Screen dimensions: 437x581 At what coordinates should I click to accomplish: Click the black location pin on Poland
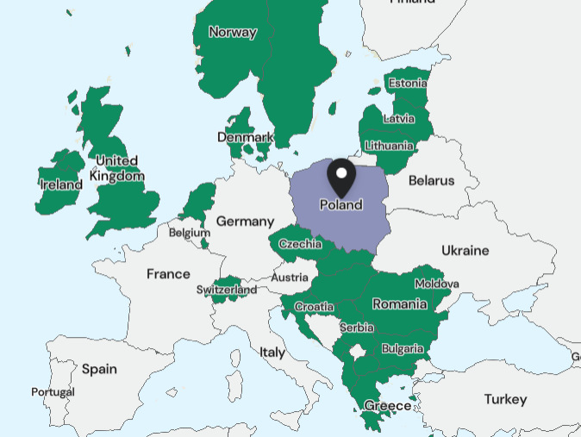coord(341,177)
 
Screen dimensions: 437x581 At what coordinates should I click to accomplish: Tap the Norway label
coord(233,33)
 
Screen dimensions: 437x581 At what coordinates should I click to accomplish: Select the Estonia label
coord(408,84)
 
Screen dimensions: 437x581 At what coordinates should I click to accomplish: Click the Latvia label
coord(398,118)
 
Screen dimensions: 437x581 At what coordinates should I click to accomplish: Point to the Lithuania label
coord(389,145)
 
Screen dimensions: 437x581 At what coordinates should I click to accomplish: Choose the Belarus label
coord(431,180)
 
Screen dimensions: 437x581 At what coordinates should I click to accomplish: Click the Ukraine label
coord(465,251)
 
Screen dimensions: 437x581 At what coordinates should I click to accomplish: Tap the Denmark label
coord(245,137)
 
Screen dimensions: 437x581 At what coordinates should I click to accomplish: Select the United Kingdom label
coord(117,168)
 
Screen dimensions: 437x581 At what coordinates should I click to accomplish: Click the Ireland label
coord(60,184)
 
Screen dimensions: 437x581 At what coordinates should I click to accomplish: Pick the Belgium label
coord(189,233)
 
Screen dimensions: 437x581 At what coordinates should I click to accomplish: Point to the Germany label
coord(245,222)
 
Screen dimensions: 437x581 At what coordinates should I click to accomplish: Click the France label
coord(168,274)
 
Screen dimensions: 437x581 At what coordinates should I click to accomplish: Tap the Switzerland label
coord(226,290)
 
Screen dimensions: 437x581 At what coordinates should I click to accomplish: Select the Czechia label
coord(300,245)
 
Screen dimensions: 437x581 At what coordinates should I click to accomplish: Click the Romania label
coord(399,303)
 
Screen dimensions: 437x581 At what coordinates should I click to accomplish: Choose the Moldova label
coord(437,284)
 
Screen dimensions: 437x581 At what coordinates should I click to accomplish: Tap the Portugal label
coord(53,392)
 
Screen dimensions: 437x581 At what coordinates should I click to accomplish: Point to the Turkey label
coord(505,399)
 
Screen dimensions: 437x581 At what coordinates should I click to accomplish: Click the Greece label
coord(388,405)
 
